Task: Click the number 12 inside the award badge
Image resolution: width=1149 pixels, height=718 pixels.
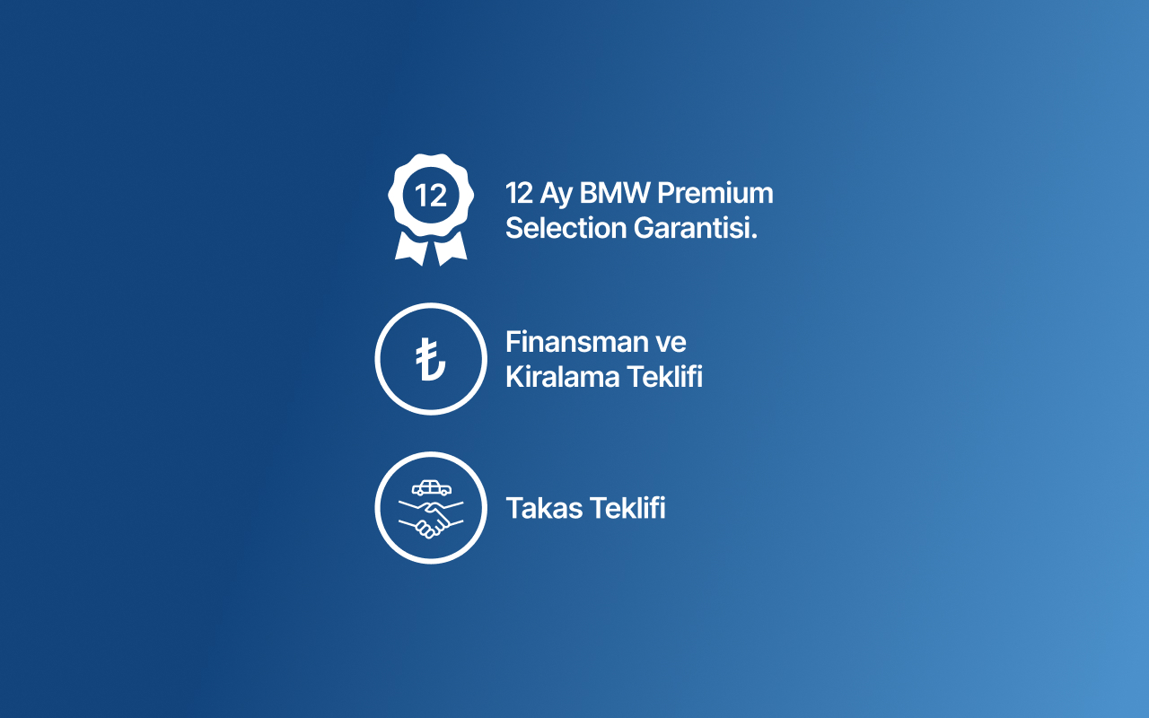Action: pos(431,196)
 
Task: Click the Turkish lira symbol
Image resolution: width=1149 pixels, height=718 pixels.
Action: pos(431,359)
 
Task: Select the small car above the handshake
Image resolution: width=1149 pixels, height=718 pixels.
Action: pos(431,488)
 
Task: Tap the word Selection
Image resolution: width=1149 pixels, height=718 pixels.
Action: pos(566,228)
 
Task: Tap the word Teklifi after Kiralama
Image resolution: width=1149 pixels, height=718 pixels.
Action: pos(664,377)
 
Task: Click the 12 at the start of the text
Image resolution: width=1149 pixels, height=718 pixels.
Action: pos(519,193)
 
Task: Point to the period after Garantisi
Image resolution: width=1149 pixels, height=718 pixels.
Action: pos(754,236)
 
